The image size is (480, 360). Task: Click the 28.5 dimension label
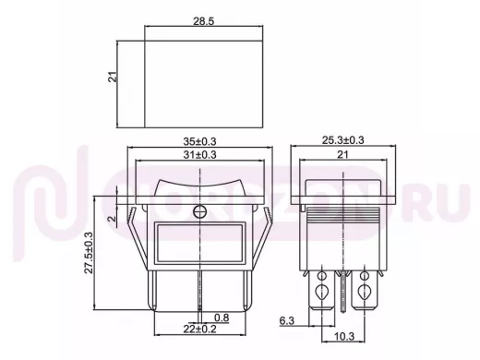click(x=203, y=21)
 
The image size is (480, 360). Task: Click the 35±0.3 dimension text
click(x=199, y=141)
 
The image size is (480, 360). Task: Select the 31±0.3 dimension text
click(x=199, y=154)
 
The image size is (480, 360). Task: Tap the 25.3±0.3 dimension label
click(x=342, y=140)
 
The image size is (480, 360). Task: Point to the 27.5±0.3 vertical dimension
click(x=89, y=253)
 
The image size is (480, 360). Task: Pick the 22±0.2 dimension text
click(x=199, y=330)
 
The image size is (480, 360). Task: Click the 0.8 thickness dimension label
click(x=222, y=318)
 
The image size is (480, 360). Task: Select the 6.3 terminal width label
click(x=287, y=321)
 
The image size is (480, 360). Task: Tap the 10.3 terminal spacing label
click(x=344, y=336)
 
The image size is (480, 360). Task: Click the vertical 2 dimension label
click(x=113, y=219)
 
